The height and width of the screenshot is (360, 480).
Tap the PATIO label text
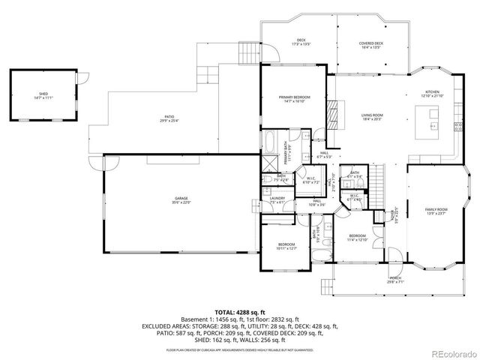(x=170, y=117)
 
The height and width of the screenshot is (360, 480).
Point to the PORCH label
(x=395, y=279)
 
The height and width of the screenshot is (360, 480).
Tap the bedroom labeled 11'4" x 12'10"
(x=356, y=237)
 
